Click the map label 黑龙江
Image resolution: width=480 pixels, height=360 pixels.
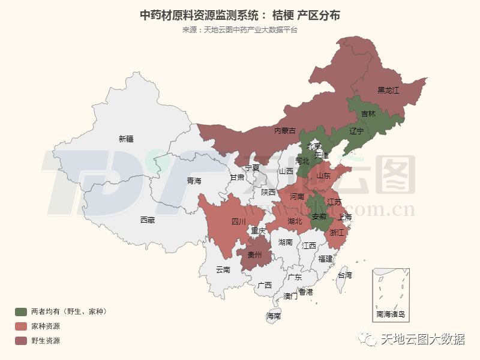coord(388,91)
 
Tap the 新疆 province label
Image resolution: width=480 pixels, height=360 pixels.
coord(126,139)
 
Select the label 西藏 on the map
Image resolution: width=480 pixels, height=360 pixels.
coord(147,220)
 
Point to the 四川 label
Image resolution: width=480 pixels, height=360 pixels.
coord(238,221)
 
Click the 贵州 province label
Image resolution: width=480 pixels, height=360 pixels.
coord(255,254)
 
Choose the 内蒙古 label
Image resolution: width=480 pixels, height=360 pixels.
coord(284,130)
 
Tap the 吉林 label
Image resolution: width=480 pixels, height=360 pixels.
coord(368,113)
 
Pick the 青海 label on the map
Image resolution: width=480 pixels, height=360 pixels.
coord(194,180)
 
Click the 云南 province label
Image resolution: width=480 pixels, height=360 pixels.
coord(223,270)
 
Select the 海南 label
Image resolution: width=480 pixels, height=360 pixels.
coord(274,316)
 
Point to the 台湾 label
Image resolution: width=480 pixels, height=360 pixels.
coord(345,275)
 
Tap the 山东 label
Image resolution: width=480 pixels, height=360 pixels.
coord(323,176)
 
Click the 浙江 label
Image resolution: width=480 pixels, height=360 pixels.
coord(337,232)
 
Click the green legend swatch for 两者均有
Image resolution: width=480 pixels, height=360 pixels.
coord(21,311)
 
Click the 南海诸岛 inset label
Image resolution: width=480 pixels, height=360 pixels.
coord(391,314)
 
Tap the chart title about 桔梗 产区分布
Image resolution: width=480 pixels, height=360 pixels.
coord(239,14)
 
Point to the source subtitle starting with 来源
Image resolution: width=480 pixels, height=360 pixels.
coord(239,29)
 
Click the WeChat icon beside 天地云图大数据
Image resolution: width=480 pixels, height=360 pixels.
coord(368,340)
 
